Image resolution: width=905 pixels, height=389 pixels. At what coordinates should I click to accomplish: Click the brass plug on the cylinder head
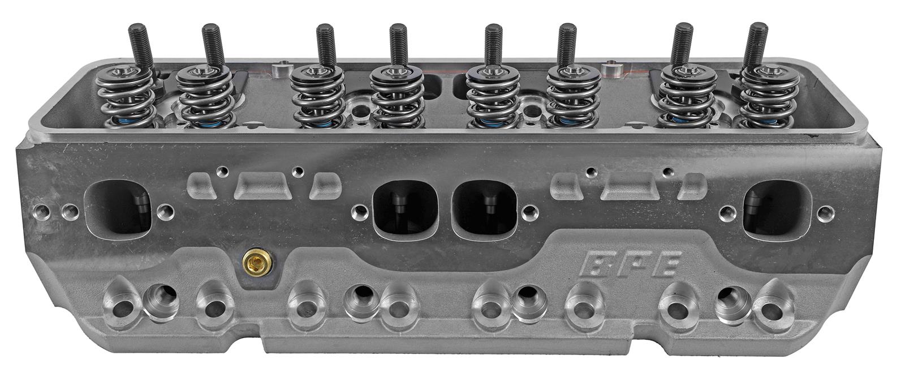click(257, 262)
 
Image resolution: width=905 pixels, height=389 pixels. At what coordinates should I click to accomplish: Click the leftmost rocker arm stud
click(140, 47)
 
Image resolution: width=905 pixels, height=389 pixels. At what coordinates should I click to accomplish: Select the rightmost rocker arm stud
click(755, 46)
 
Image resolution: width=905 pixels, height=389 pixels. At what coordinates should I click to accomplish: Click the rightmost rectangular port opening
click(777, 209)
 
